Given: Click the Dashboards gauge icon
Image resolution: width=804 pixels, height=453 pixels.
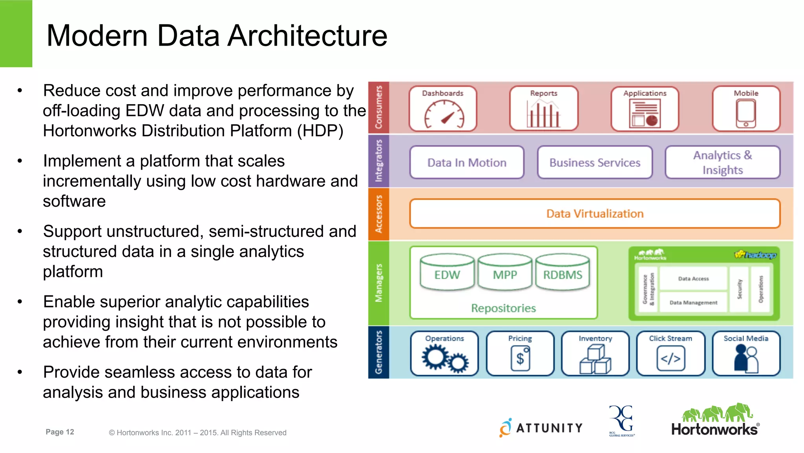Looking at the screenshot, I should click(x=444, y=114).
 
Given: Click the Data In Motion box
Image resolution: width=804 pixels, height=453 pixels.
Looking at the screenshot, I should click(x=467, y=163).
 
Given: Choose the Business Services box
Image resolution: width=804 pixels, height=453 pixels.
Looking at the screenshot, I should click(x=595, y=163).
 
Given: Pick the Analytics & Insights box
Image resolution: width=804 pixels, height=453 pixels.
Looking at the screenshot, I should click(x=722, y=163).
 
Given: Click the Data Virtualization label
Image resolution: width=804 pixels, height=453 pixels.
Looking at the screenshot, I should click(x=595, y=214).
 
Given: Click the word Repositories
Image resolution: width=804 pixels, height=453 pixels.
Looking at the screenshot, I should click(x=503, y=308).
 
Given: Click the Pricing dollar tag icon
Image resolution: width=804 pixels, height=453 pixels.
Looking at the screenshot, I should click(x=521, y=358).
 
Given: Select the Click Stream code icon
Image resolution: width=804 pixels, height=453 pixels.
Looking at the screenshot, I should click(x=671, y=358).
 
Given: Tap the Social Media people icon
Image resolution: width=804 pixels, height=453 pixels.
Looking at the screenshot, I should click(x=746, y=358).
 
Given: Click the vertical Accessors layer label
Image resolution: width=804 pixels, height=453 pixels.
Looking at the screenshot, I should click(x=378, y=214).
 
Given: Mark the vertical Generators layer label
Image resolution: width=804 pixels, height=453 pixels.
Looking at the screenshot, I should click(x=378, y=352).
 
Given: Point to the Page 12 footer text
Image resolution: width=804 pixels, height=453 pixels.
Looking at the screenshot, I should click(x=60, y=432).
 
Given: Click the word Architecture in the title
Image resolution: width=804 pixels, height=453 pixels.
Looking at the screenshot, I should click(x=307, y=36).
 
